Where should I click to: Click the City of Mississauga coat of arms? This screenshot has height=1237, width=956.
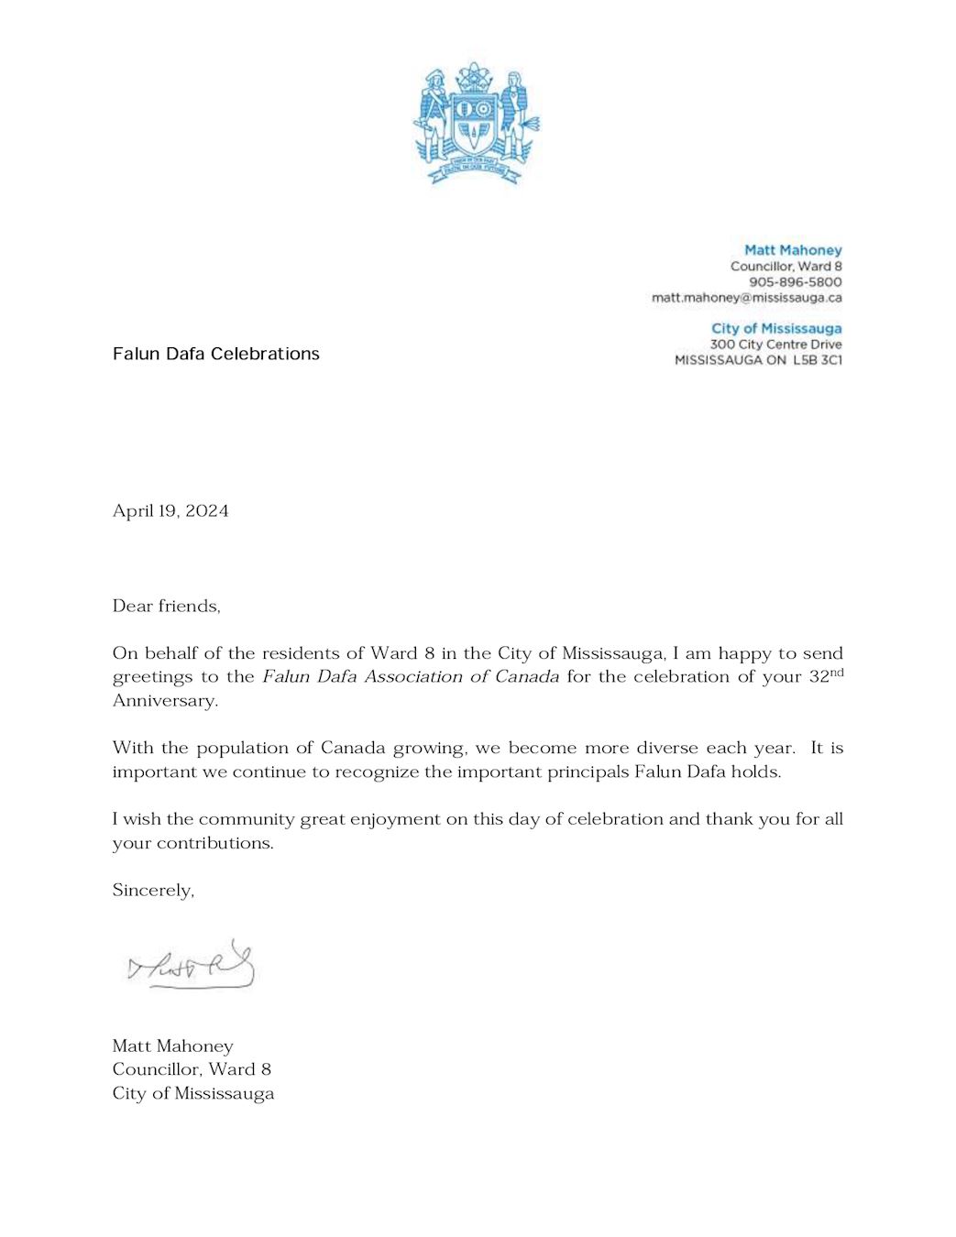point(477,123)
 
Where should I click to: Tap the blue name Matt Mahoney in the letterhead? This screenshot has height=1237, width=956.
point(792,250)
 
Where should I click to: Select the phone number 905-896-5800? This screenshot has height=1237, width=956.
point(795,282)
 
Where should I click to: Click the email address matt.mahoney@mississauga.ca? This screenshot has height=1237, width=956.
point(746,298)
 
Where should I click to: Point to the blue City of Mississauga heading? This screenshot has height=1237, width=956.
point(775,328)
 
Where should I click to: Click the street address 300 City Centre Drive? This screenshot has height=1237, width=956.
point(775,345)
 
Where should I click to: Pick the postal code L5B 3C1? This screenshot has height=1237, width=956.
point(818,360)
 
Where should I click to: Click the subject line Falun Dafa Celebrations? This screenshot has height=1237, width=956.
point(215,354)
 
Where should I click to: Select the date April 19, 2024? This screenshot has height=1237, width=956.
point(170,511)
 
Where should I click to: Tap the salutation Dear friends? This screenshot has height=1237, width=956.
point(166,606)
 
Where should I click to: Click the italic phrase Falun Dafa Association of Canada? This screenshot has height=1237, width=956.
point(410,677)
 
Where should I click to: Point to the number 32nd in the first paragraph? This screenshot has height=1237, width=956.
point(825,676)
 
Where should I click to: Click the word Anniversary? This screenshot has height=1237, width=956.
point(164,701)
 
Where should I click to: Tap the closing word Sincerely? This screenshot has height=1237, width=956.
point(152,891)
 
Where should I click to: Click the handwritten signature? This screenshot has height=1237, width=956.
point(192,966)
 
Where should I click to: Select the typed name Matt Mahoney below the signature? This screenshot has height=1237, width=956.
point(172,1046)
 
